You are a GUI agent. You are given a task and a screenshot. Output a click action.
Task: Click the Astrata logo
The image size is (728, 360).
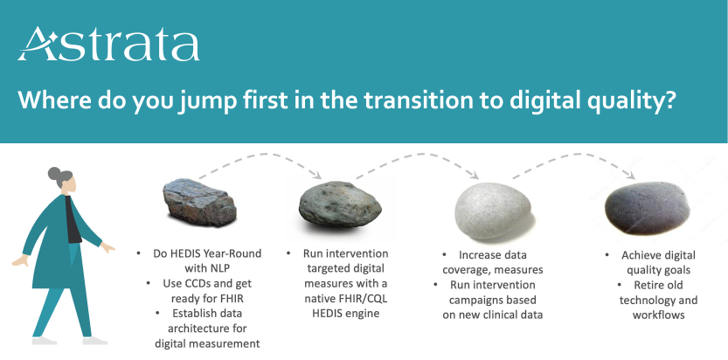tap(109, 45)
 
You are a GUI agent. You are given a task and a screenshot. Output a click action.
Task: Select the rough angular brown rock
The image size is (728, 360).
tap(199, 202)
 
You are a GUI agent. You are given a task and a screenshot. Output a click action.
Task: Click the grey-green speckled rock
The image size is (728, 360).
tap(340, 204)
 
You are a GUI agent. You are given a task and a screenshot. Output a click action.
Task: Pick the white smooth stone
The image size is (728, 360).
tap(492, 211)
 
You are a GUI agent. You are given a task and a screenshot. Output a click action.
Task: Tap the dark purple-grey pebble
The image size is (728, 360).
tap(647, 208)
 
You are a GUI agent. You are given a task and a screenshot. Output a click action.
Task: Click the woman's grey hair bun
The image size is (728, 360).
tap(55, 174)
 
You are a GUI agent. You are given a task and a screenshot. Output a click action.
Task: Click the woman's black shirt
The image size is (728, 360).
tap(72, 220)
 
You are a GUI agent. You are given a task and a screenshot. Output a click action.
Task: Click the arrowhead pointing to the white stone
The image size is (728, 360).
tap(474, 175)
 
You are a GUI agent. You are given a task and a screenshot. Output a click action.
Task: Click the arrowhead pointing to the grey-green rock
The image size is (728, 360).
tap(317, 175)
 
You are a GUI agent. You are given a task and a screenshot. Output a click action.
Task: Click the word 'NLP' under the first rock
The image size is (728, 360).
tap(225, 268)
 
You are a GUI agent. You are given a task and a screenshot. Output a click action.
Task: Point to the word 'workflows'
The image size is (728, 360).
tap(658, 315)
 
